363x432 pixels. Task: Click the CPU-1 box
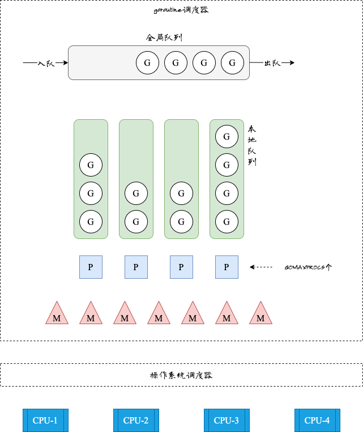(x=45, y=420)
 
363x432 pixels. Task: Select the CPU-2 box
(x=136, y=420)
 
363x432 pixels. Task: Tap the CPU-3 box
(x=227, y=420)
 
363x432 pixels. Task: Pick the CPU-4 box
(x=317, y=420)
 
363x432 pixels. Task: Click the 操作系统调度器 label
(x=181, y=375)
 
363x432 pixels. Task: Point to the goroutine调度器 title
(x=181, y=10)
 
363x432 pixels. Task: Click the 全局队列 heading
(x=164, y=38)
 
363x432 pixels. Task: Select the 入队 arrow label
(x=46, y=63)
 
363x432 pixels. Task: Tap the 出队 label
(x=272, y=63)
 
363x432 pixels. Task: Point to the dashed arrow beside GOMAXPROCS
(x=261, y=267)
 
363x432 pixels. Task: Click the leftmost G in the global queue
(x=147, y=62)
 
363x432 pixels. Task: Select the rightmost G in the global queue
(x=232, y=62)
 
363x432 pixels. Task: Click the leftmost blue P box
(x=91, y=267)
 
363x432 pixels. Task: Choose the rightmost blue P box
(x=227, y=267)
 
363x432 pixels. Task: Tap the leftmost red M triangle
(x=57, y=315)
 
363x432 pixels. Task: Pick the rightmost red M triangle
(x=260, y=315)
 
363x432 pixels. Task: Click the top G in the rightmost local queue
(x=227, y=136)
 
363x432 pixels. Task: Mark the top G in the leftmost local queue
(x=91, y=165)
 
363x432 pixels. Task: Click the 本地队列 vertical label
(x=252, y=145)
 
